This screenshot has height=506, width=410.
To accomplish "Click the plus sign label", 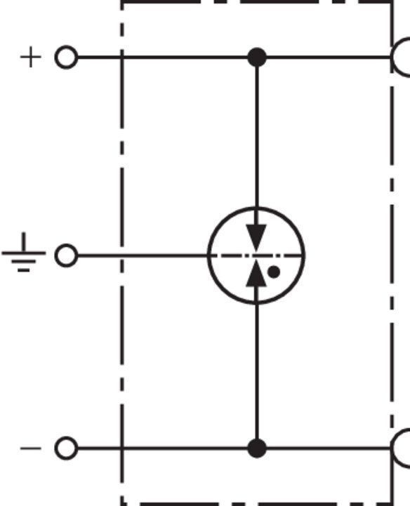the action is click(31, 57).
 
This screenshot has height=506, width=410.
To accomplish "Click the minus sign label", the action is click(31, 448).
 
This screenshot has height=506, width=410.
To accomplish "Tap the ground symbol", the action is click(24, 253).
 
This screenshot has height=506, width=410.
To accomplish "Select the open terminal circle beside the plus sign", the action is click(66, 57).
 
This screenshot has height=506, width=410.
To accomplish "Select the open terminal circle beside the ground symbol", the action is click(66, 255).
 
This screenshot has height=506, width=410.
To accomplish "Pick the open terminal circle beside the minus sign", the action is click(66, 448).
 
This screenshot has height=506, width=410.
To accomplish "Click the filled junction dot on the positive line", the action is click(257, 58).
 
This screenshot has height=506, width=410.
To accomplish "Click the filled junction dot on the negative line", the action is click(257, 448).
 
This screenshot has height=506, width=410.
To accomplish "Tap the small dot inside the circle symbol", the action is click(274, 272).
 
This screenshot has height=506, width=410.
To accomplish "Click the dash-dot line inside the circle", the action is click(256, 255).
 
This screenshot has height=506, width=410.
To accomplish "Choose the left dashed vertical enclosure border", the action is click(122, 253).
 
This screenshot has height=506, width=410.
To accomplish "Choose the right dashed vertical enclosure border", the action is click(392, 253).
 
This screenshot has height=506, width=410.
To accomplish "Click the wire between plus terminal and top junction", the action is click(163, 58).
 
